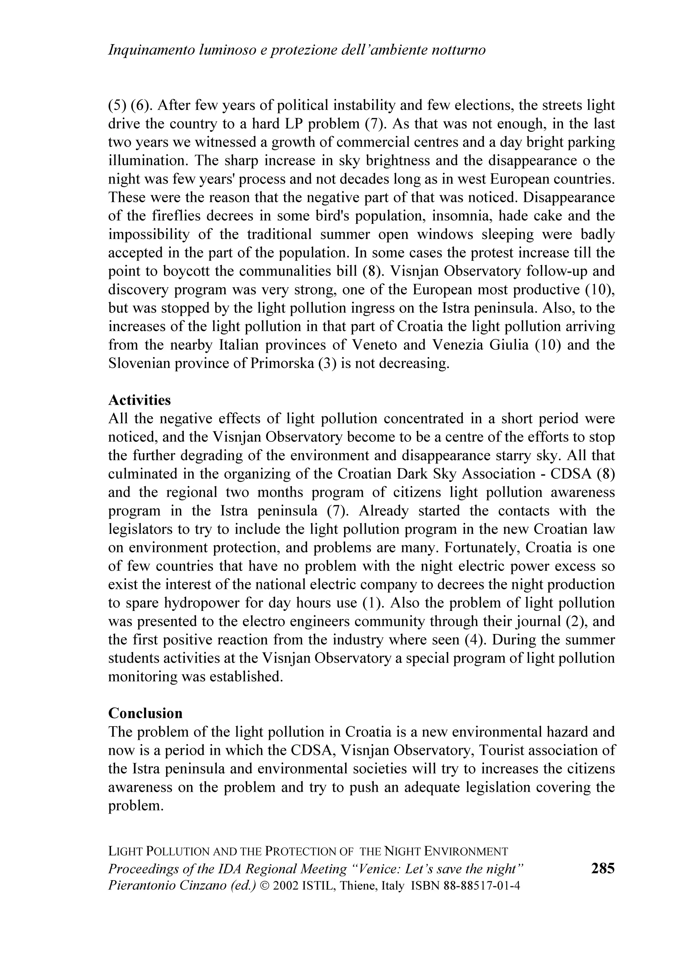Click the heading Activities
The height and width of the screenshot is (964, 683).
(140, 400)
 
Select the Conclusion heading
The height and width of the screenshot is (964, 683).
(145, 713)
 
